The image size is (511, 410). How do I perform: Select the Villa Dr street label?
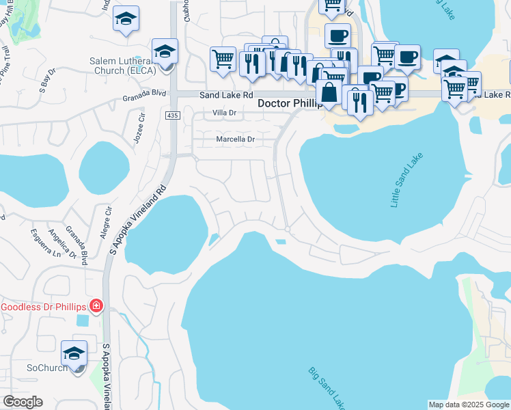(224, 113)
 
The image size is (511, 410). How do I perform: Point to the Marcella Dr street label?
(235, 139)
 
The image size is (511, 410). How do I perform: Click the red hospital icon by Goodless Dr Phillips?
(96, 305)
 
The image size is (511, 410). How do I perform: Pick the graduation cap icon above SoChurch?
(74, 354)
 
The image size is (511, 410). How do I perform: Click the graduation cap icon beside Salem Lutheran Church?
(165, 52)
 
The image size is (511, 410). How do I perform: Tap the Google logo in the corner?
(23, 402)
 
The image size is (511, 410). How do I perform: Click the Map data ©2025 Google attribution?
(468, 405)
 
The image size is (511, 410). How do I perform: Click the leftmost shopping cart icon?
(223, 60)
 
